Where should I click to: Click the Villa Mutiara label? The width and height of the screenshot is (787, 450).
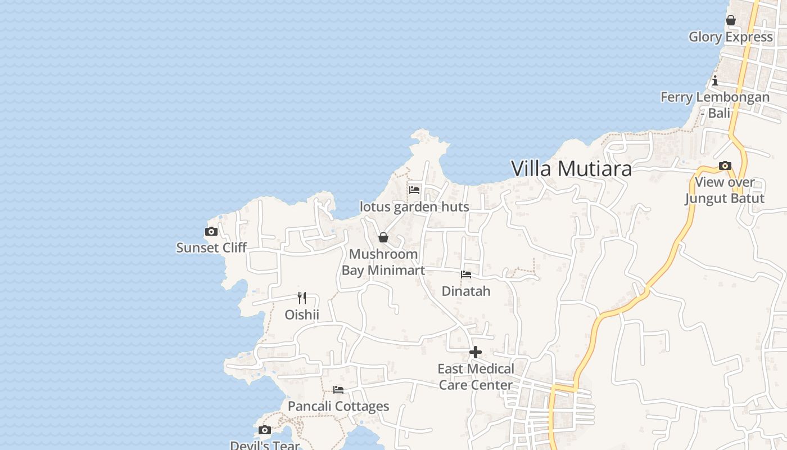[x=571, y=169]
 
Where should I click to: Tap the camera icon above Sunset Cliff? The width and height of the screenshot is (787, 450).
[x=211, y=231]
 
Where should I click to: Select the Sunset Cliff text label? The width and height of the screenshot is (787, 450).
[x=211, y=247]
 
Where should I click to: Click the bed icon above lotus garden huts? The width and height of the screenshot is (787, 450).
[x=414, y=190]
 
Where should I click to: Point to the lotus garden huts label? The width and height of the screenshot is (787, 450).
[x=414, y=207]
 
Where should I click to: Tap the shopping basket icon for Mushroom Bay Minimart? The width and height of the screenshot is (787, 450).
[x=383, y=237]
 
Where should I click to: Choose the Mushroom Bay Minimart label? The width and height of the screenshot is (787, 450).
[x=383, y=262]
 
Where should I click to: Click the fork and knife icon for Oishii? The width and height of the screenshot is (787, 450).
[x=302, y=298]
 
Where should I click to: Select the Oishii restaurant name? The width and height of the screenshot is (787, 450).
[x=302, y=314]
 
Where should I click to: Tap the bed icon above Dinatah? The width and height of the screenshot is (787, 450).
[x=466, y=274]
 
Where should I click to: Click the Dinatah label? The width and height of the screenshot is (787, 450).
[x=466, y=291]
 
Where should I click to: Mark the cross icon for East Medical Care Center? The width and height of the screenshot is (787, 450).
[x=476, y=352]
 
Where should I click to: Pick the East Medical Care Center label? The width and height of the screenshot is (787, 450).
[x=476, y=377]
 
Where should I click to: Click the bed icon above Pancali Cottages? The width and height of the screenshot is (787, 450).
[x=338, y=389]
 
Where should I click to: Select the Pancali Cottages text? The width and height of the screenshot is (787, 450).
[x=338, y=406]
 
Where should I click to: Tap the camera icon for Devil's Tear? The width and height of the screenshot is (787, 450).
[x=265, y=430]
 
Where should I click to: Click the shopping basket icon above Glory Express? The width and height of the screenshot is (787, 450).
[x=731, y=20]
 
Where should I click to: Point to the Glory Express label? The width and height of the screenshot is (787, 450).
[x=731, y=37]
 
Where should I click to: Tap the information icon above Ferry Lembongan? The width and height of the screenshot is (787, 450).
[x=715, y=80]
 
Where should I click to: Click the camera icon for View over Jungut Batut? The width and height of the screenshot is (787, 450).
[x=725, y=165]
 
